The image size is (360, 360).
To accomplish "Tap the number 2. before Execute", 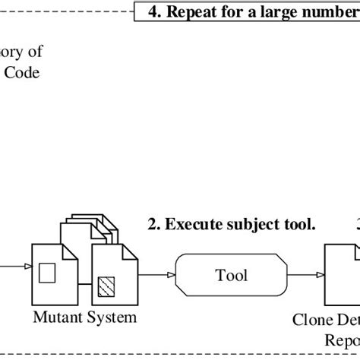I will click(155, 224).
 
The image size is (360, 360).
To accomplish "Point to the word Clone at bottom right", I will click(310, 320).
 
